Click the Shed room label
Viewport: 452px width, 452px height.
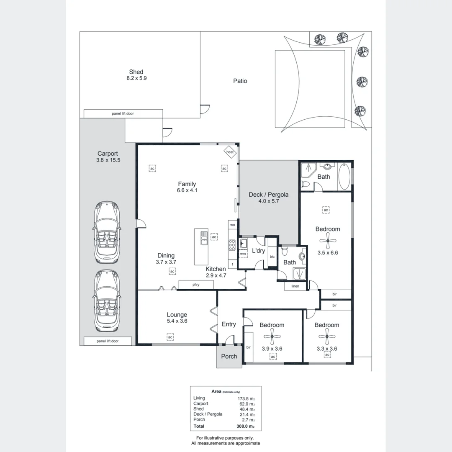tap(136, 72)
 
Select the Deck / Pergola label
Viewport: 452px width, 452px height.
tap(268, 195)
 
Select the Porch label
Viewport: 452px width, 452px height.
tap(229, 357)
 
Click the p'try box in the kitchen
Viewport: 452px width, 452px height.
tap(196, 285)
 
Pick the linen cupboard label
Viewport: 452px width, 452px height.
tap(295, 286)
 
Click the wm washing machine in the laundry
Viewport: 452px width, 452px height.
tap(243, 254)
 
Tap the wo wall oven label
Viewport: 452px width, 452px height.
tap(233, 225)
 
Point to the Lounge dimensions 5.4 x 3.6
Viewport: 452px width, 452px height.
tap(177, 321)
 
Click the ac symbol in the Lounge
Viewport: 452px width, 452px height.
tap(170, 337)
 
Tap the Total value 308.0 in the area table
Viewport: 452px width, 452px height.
tap(243, 426)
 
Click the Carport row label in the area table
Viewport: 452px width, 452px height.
tap(200, 403)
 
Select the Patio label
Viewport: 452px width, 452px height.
tap(240, 81)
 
